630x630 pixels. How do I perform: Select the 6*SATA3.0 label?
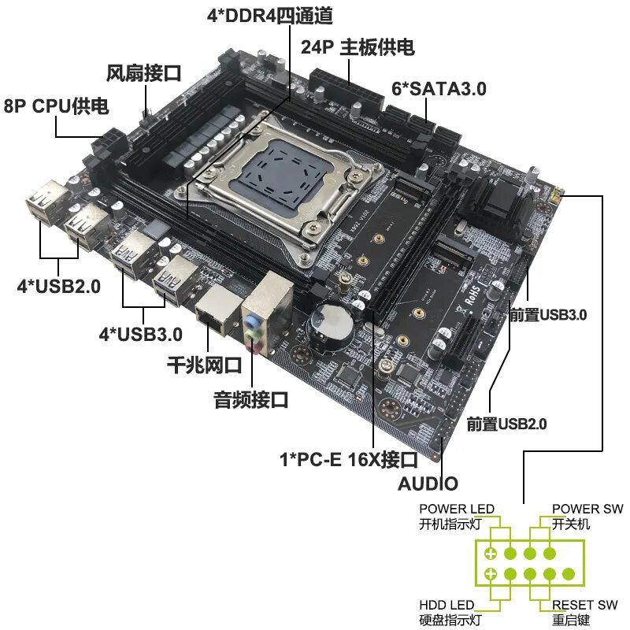[439, 89]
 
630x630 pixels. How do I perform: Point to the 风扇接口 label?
[144, 74]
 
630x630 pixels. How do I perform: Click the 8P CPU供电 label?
[57, 106]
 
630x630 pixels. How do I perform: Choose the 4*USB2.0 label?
[58, 287]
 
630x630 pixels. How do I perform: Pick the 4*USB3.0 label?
[140, 333]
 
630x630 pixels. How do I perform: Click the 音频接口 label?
[251, 400]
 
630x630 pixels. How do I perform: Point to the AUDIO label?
[428, 483]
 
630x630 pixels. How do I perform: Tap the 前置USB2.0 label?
[506, 424]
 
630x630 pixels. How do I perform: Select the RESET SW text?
[584, 605]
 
